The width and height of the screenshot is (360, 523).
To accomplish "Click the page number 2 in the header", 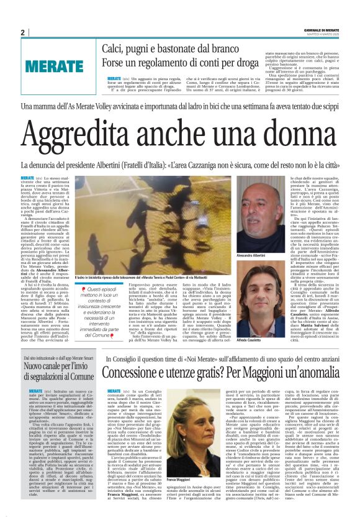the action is pyautogui.click(x=22, y=32).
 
